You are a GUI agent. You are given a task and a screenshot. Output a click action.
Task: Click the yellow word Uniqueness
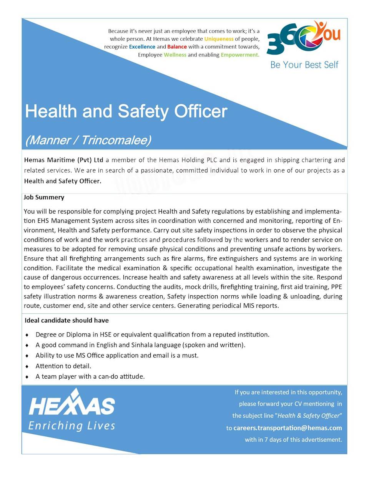point(219,39)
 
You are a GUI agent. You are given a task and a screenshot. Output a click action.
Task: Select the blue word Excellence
point(142,47)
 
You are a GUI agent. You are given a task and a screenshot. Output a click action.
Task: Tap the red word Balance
point(177,47)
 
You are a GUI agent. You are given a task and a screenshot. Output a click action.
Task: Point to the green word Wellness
point(175,55)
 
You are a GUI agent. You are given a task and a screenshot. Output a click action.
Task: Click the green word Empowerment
point(239,55)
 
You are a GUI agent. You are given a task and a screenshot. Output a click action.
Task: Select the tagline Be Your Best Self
point(304,65)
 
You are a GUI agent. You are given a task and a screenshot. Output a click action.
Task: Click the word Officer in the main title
point(200,111)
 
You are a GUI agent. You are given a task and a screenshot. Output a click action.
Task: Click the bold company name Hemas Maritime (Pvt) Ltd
point(63,160)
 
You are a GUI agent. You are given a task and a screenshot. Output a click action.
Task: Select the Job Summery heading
point(44,197)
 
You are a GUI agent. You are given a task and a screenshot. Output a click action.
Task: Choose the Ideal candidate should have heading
point(66,320)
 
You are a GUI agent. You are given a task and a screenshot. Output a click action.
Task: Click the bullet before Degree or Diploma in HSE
point(27,335)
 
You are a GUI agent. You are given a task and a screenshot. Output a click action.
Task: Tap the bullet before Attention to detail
point(27,366)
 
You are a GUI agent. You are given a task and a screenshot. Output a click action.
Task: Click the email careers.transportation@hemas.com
point(288,428)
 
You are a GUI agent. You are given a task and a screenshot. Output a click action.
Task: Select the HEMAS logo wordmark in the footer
point(72,405)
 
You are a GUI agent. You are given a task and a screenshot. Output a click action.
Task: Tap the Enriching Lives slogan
point(72,426)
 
